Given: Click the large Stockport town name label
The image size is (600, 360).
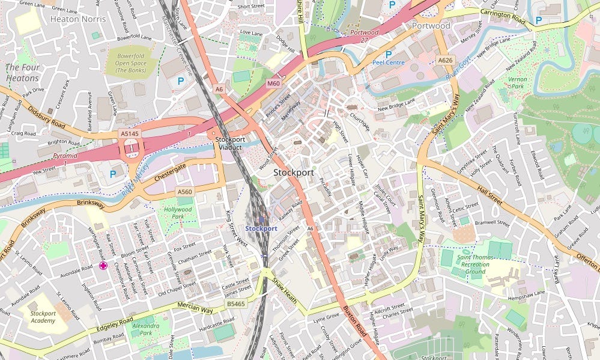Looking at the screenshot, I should [x=294, y=172].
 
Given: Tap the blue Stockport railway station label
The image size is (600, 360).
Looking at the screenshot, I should [x=261, y=228].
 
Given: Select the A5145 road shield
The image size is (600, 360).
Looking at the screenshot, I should [x=129, y=133].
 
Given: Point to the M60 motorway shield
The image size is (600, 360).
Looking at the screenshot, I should [x=273, y=84].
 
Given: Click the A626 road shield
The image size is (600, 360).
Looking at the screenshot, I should [x=445, y=60].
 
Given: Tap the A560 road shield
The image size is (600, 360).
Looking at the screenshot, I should [x=184, y=192].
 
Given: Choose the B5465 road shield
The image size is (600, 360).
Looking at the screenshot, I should [x=236, y=305].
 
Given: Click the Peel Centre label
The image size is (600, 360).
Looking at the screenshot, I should [x=388, y=62].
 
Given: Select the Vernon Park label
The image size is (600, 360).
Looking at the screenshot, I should [x=517, y=83].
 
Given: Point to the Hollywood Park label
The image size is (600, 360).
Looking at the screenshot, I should [x=178, y=213].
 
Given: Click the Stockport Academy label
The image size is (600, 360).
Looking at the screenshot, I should [x=43, y=317].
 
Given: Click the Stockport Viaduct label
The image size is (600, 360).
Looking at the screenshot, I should [x=230, y=143].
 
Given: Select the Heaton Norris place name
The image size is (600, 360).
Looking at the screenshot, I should [x=78, y=19].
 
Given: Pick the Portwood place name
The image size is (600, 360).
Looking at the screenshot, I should [x=431, y=26].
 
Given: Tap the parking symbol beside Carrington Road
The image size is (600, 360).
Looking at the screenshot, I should [x=538, y=20].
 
